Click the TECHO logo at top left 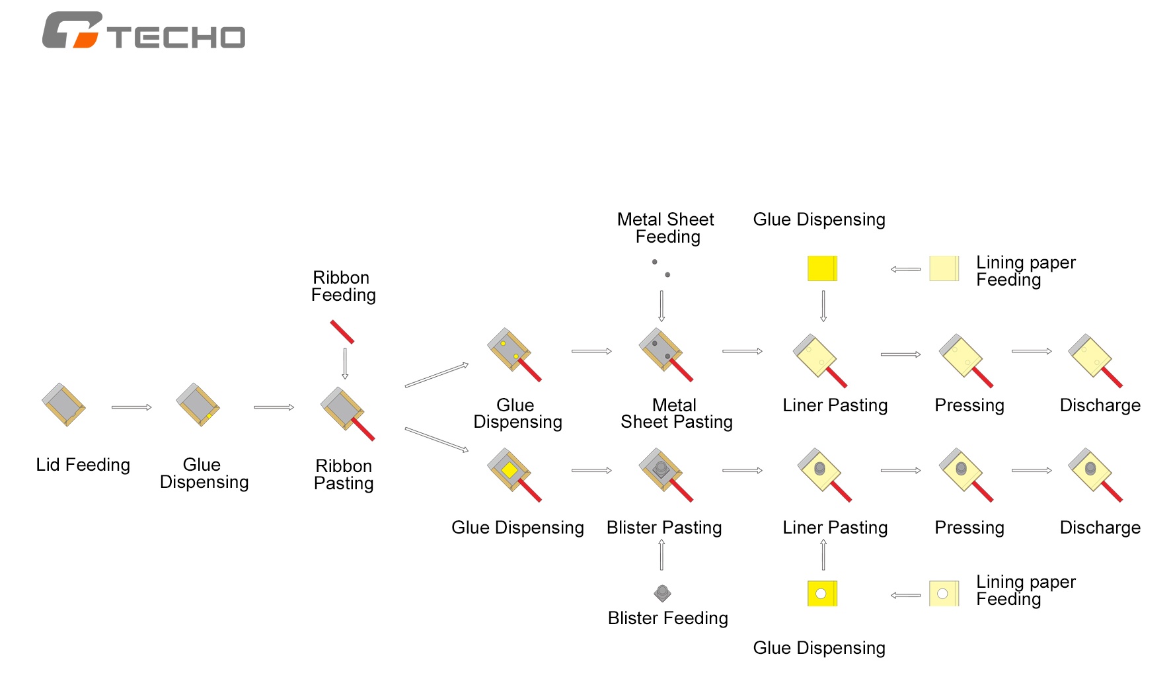pos(143,30)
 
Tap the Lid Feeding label pos(83,465)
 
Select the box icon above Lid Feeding pos(63,405)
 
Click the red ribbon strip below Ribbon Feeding pos(342,332)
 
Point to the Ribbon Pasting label pos(344,475)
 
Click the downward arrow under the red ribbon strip pos(345,363)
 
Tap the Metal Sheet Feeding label pos(666,228)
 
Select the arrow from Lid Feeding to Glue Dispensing pos(132,407)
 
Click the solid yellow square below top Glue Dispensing pos(823,268)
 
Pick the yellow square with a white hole pos(823,594)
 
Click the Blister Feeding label pos(668,618)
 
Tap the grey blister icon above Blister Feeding pos(662,593)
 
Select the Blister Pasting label pos(664,528)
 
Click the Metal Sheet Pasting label pos(677,414)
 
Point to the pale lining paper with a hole pos(944,594)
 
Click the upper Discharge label pos(1100,405)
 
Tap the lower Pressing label pos(969,528)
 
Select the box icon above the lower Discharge pos(1096,475)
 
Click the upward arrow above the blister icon pos(661,555)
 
